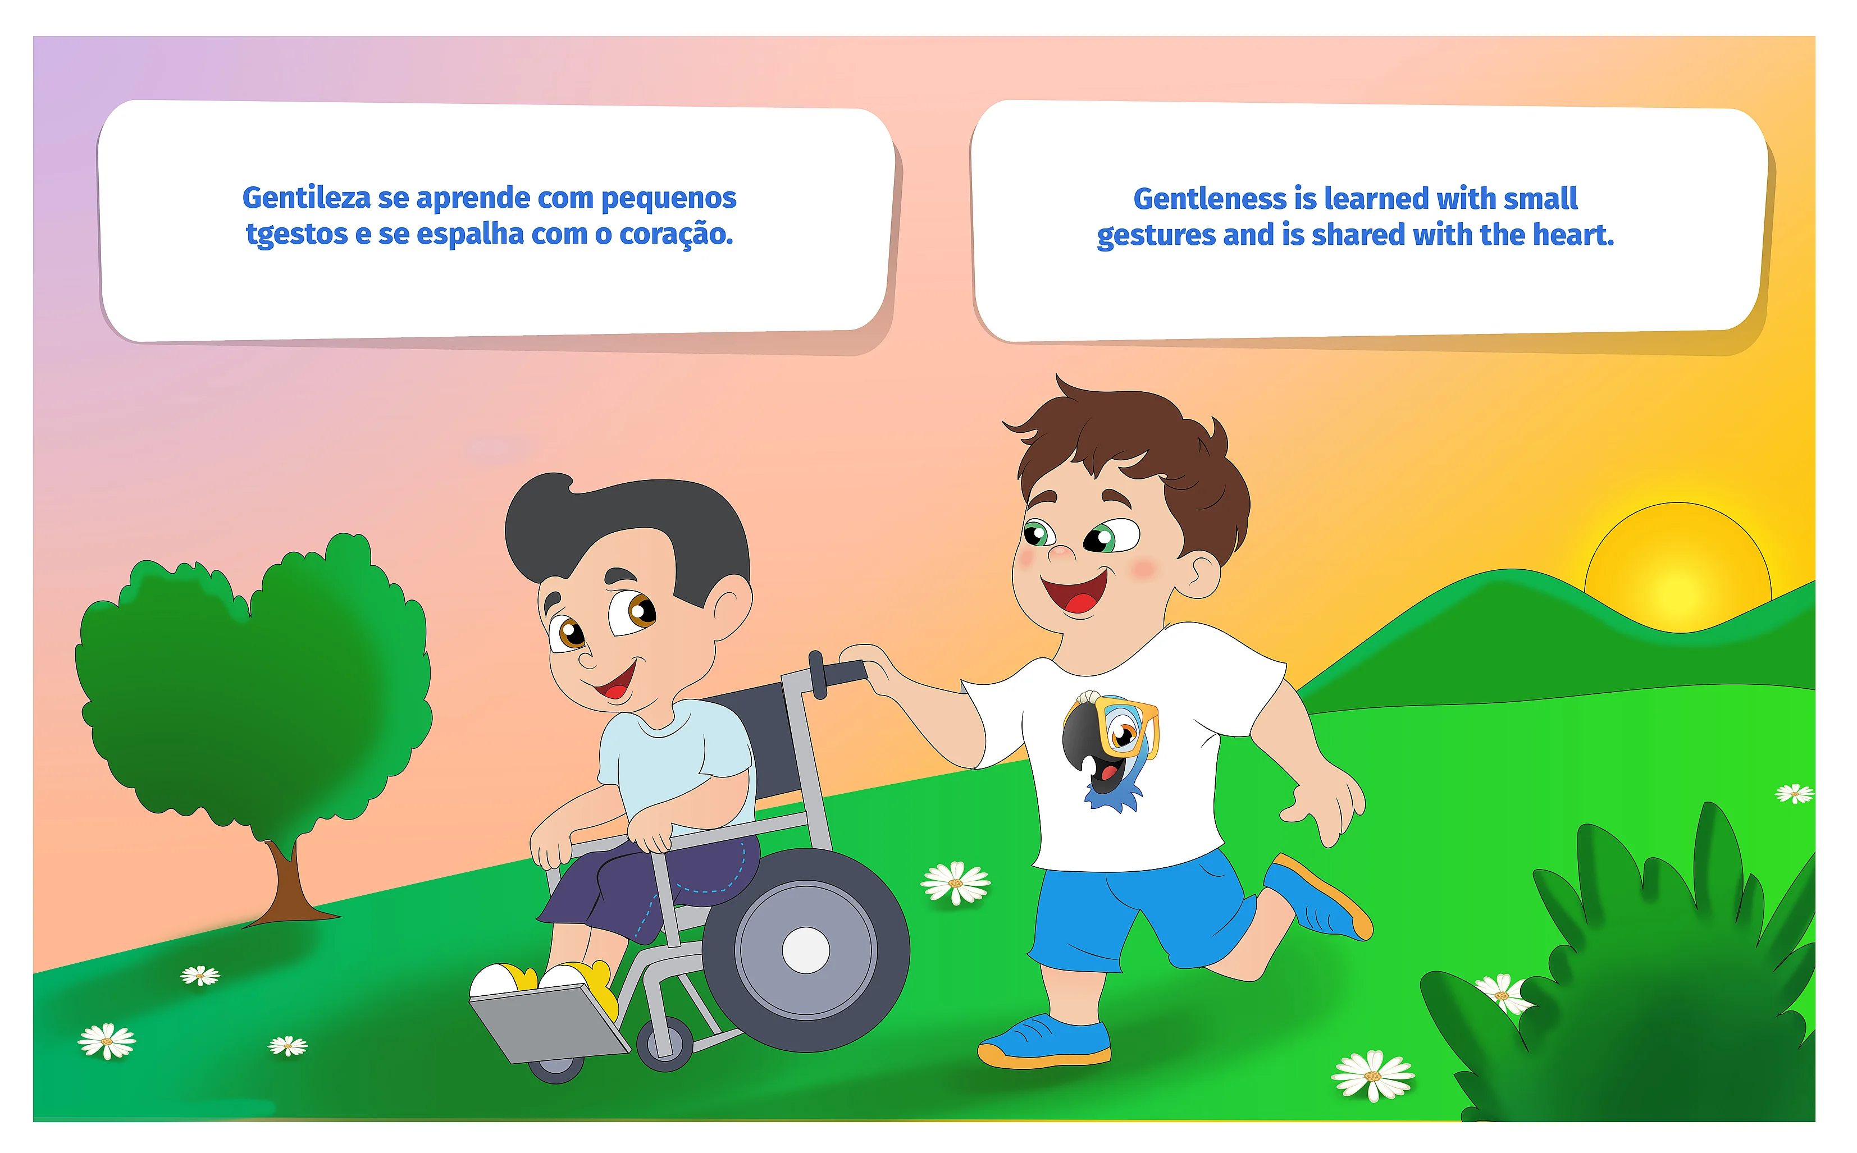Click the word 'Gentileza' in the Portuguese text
[307, 198]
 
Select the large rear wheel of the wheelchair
[806, 950]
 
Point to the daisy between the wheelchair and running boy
[956, 883]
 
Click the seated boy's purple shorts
[648, 885]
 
